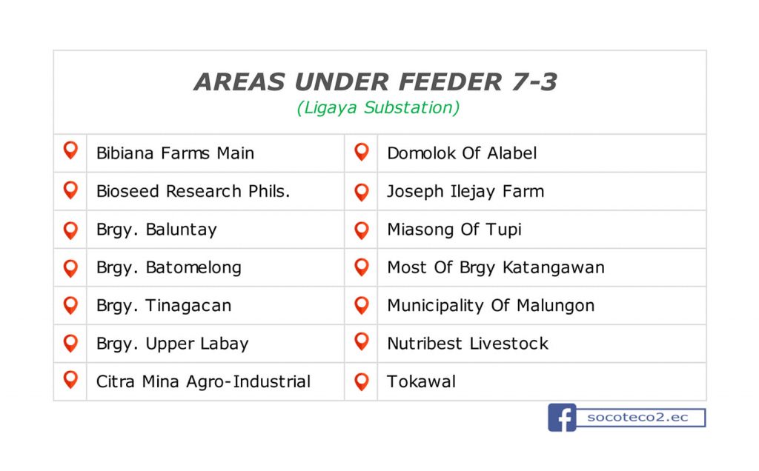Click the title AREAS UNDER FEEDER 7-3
376,81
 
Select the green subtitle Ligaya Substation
378,107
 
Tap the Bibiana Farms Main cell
175,153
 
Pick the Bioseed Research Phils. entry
193,191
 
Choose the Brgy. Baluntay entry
157,230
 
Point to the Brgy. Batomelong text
169,268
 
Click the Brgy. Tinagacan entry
164,306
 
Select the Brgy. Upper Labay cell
172,344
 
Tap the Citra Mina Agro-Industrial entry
203,381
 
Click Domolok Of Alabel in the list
463,153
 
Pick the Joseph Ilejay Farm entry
465,192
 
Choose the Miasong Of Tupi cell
454,230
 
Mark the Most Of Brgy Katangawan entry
496,268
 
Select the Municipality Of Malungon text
491,306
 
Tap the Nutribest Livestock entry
468,344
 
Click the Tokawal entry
422,381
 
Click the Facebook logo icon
562,418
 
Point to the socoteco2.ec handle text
637,418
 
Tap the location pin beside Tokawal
362,381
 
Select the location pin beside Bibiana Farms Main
70,150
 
